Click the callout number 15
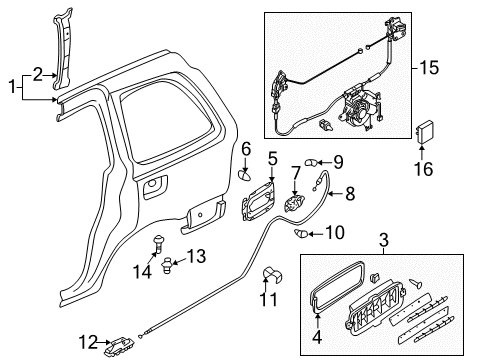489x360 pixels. [429, 68]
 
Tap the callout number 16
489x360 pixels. [424, 169]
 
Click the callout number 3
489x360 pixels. [384, 240]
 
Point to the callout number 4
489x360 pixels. [317, 337]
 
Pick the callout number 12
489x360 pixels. [88, 342]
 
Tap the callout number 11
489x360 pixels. [268, 300]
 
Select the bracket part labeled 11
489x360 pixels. [272, 274]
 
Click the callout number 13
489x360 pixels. [196, 257]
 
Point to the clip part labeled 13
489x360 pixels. [167, 266]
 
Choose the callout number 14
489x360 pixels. [142, 272]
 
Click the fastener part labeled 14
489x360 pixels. [158, 244]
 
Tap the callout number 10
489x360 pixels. [335, 232]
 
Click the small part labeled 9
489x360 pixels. [311, 163]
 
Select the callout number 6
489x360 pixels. [246, 149]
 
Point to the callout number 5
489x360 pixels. [272, 159]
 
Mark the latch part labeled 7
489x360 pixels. [294, 203]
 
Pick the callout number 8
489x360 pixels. [350, 194]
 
